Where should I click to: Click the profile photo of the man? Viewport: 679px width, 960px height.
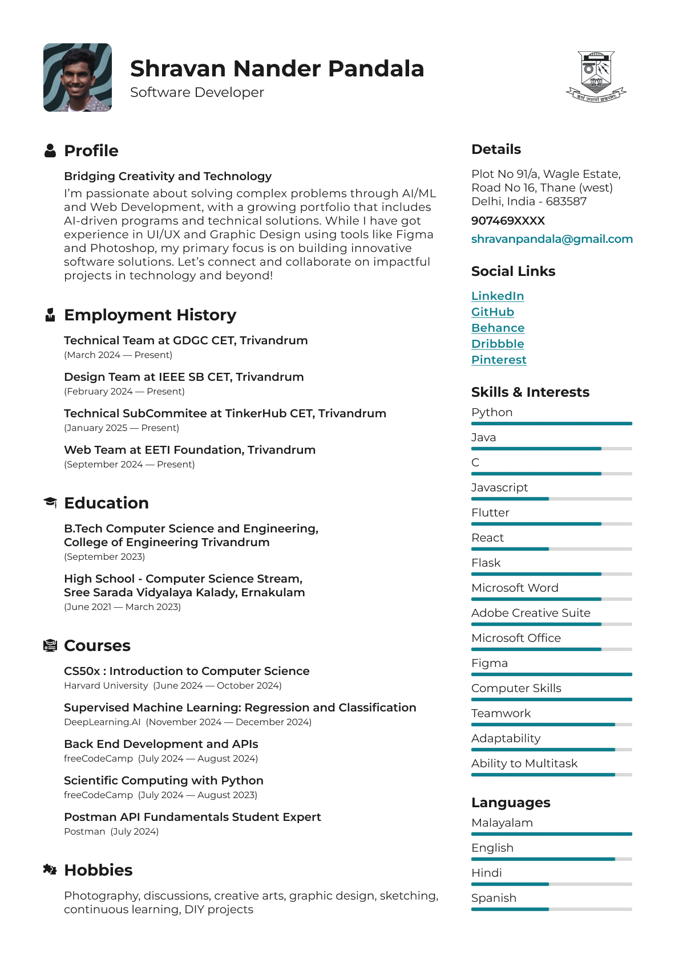[x=78, y=78]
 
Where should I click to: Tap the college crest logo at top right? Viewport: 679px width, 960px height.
[x=596, y=76]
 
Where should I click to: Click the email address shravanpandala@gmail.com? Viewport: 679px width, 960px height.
[x=552, y=239]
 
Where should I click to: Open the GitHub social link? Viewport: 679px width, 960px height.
[x=492, y=312]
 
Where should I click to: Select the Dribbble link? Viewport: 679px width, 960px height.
[x=498, y=344]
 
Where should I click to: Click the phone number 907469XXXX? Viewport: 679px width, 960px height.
[x=508, y=221]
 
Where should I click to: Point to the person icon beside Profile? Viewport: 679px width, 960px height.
[x=50, y=150]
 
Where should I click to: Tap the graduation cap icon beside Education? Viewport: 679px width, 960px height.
[x=50, y=502]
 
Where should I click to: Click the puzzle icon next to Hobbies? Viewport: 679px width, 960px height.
[x=50, y=869]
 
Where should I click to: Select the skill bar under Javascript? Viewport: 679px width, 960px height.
[x=551, y=499]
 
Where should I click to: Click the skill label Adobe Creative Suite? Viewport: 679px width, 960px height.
[x=531, y=613]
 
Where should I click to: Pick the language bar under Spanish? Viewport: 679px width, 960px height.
[x=551, y=909]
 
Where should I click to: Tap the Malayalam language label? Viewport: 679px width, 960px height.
[x=502, y=823]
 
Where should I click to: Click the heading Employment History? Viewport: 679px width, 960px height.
[x=150, y=315]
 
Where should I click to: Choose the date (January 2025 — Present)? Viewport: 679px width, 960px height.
[x=122, y=428]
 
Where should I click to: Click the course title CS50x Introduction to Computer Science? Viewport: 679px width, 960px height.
[x=187, y=671]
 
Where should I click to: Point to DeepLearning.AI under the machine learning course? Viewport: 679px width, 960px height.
[x=102, y=722]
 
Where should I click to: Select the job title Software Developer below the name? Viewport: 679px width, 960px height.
[x=197, y=92]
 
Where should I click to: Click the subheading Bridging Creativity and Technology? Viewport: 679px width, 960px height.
[x=168, y=176]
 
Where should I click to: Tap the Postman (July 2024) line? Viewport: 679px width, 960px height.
[x=111, y=831]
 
